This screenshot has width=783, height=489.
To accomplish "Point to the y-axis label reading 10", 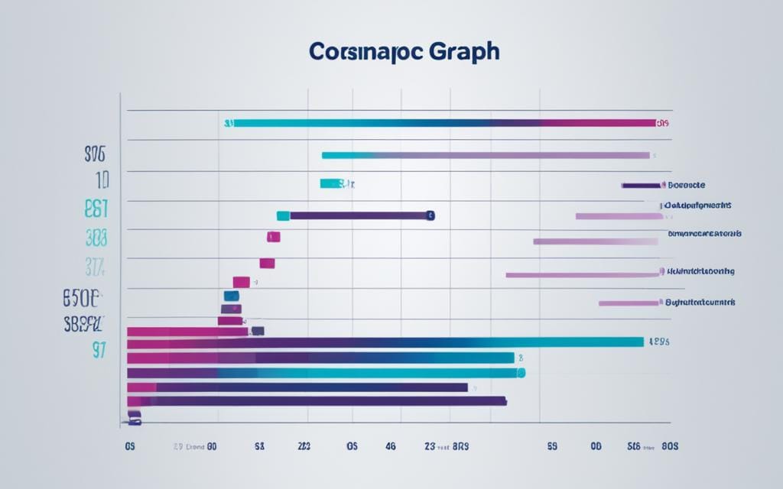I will coord(102,180).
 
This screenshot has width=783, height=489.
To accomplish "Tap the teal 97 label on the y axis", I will coord(99,350).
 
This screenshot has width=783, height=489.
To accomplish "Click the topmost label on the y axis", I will coord(94,154).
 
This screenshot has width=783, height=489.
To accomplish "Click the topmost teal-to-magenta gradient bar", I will coord(443,122).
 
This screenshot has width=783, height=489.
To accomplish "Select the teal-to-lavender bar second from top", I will coord(486,155).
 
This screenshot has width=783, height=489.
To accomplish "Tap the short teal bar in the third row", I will coord(330,183).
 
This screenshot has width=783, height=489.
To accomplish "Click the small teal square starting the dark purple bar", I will coord(283,215).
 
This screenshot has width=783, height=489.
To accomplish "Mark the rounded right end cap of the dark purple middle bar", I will coord(430,215).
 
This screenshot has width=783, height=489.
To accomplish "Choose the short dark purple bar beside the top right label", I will coord(641,185).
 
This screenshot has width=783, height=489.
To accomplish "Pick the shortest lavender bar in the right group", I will coord(628,303).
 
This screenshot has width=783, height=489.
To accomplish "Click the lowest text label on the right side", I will coord(700,303).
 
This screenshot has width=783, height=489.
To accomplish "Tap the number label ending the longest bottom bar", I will coord(658,342).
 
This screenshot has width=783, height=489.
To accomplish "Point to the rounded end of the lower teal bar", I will coord(521,373).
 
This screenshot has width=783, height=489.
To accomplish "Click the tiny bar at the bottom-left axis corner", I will coord(135,416).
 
